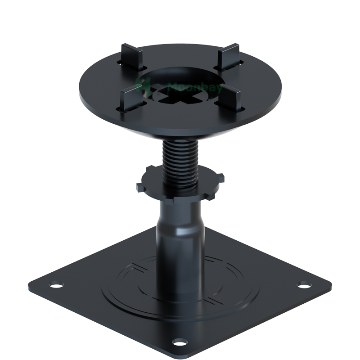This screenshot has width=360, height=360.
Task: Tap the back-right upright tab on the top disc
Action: (227, 55)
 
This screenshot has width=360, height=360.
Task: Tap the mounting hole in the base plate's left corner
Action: (56, 284)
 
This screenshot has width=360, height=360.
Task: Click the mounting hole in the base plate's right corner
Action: (305, 285)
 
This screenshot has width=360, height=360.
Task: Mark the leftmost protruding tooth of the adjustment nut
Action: (139, 185)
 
